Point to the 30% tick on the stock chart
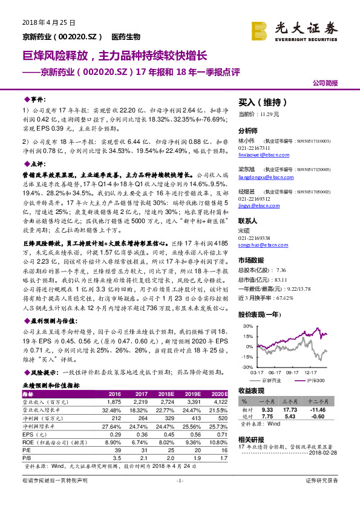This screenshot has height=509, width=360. (x=247, y=326)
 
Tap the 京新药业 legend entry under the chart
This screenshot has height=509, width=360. (x=272, y=380)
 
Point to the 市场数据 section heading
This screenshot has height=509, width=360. (x=252, y=261)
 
